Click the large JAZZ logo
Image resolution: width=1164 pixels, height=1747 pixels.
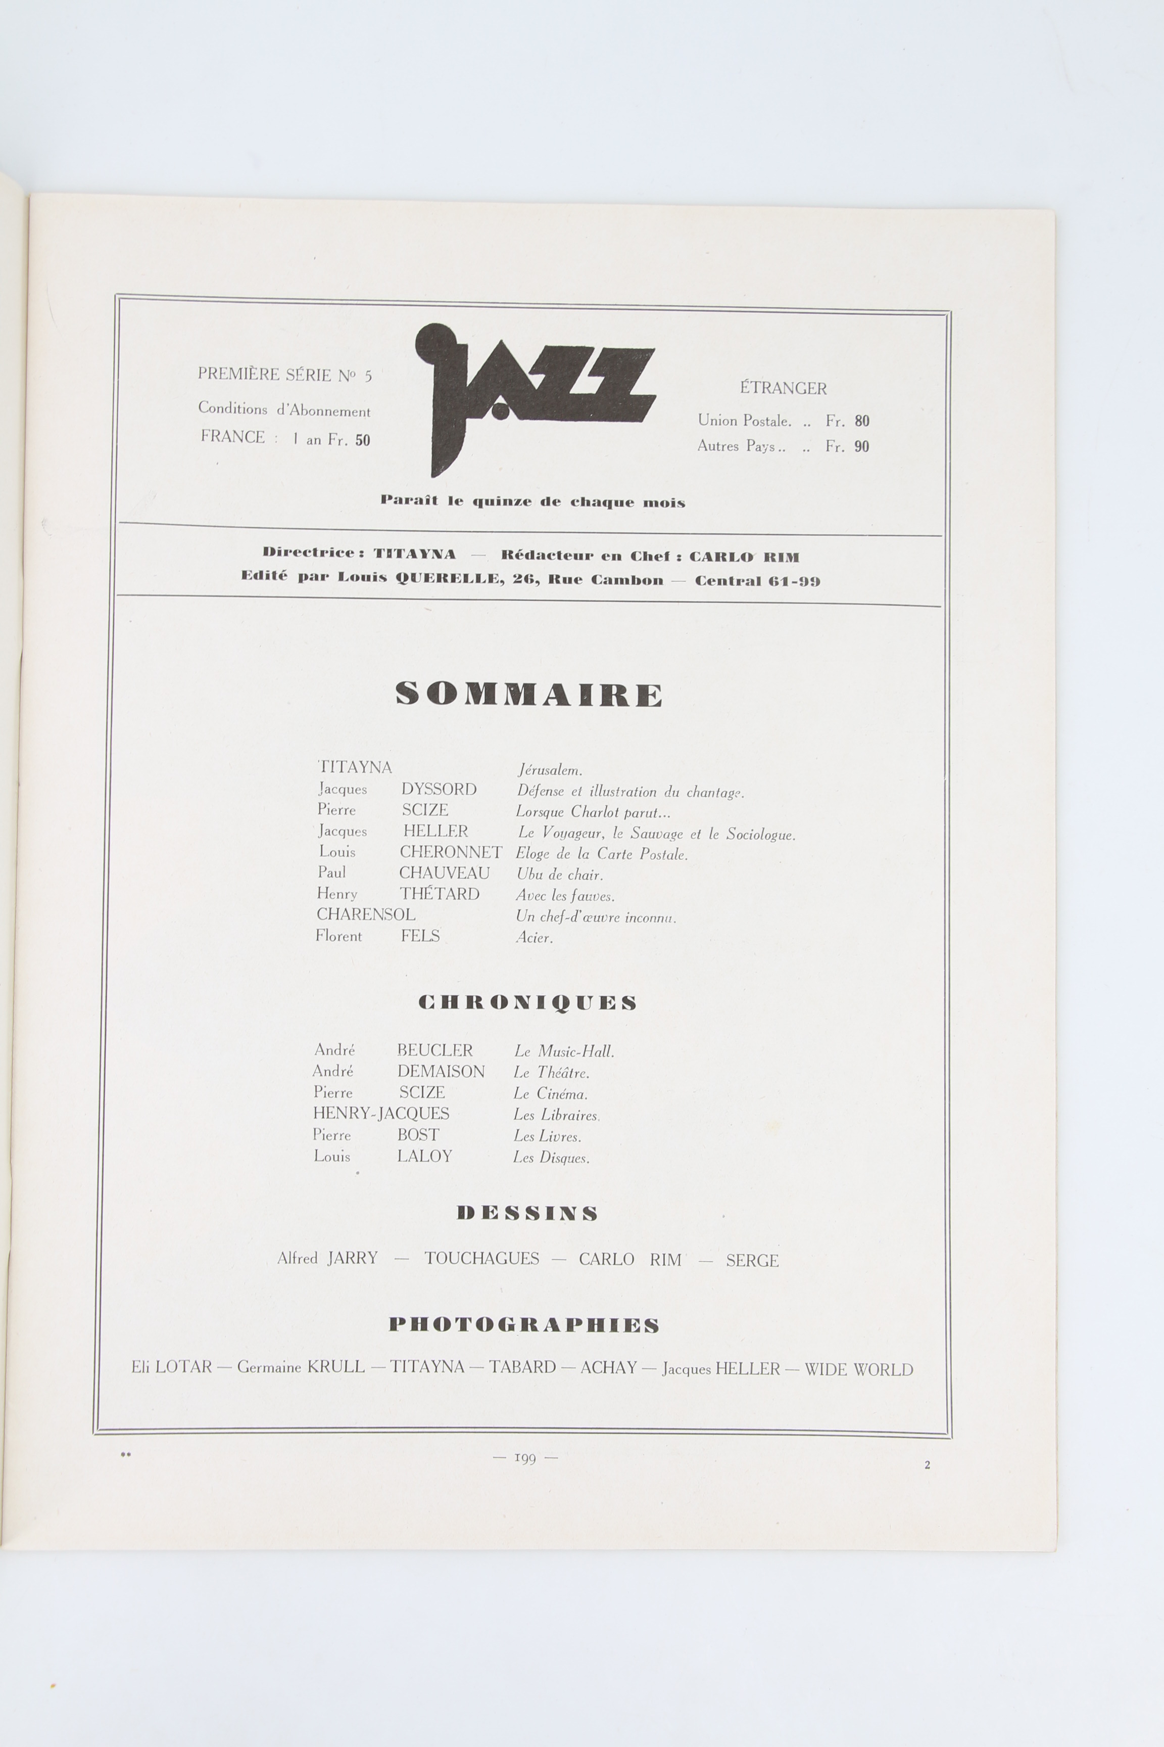tap(535, 394)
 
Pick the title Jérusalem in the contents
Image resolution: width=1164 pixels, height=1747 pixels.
tap(549, 770)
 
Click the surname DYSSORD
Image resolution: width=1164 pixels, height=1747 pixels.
tap(439, 789)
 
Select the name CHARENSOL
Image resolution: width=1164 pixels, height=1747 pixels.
tap(366, 914)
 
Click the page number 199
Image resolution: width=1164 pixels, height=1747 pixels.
tap(525, 1458)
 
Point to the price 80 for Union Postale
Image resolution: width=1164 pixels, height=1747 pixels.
tap(862, 421)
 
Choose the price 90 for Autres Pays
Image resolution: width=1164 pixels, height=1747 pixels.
tap(862, 446)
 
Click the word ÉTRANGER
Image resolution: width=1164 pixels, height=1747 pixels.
tap(783, 388)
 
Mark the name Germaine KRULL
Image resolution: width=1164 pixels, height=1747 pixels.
tap(301, 1367)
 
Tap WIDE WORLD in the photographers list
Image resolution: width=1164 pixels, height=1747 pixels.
tap(859, 1369)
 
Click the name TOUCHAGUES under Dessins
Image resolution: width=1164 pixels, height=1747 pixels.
tap(482, 1258)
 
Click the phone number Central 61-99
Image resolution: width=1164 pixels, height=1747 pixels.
tap(757, 581)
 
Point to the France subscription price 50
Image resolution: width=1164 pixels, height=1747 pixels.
tap(362, 440)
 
